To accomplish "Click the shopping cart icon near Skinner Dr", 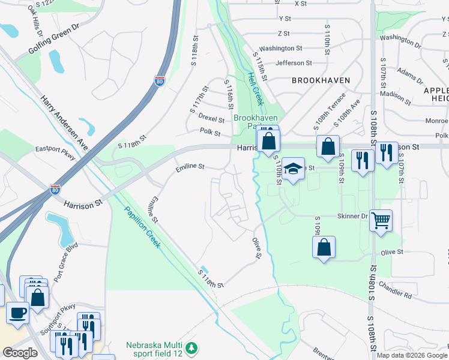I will [x=381, y=221].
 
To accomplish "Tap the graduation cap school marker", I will [x=294, y=169].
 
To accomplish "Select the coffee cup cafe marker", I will [x=17, y=312].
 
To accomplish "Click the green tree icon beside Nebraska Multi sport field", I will [x=191, y=347].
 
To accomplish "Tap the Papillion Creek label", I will [x=142, y=227].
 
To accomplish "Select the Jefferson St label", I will [x=294, y=62].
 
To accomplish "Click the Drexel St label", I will [x=211, y=119].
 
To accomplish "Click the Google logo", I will [x=20, y=353].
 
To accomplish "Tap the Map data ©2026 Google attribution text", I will [x=412, y=355].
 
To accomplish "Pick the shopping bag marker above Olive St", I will [x=324, y=247].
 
